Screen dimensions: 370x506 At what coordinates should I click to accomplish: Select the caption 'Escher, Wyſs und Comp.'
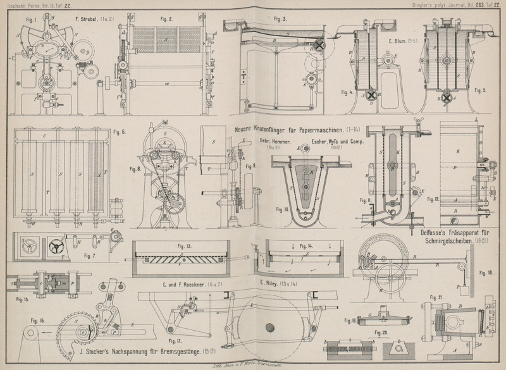coord(337,142)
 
